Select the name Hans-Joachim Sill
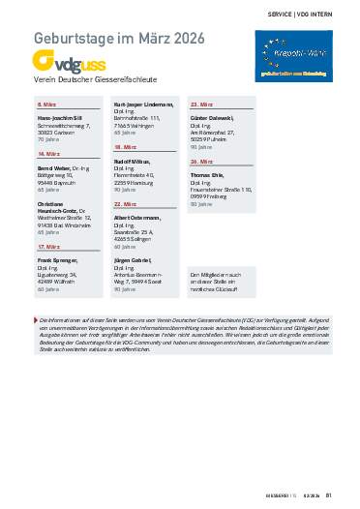click(60, 113)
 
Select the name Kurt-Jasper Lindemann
click(143, 102)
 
